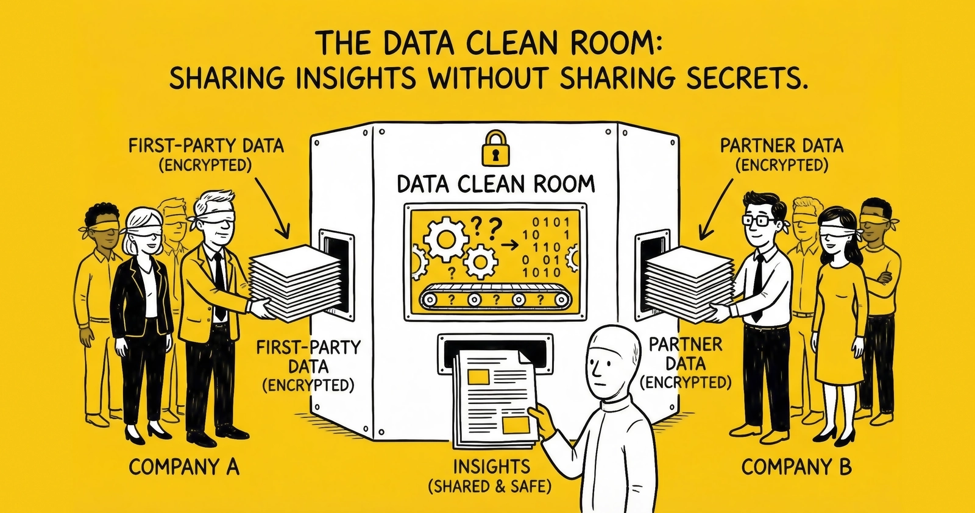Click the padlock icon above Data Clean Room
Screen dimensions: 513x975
pos(495,148)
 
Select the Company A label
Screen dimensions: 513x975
pos(184,467)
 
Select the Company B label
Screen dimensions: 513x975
pos(796,467)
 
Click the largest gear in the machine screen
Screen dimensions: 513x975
pos(447,239)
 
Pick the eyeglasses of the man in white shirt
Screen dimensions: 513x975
pos(760,220)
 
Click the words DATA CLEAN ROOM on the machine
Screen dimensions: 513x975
pos(495,184)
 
